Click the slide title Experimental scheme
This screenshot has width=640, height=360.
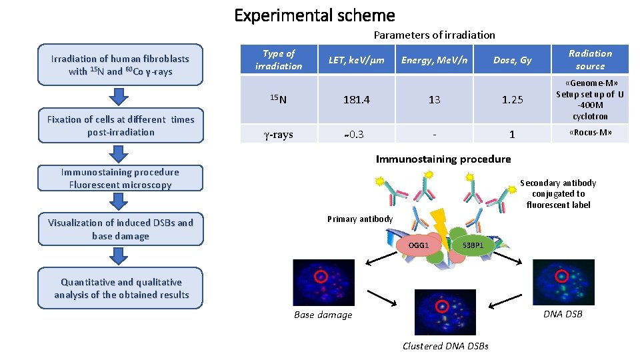pyautogui.click(x=315, y=15)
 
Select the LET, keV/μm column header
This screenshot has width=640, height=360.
pyautogui.click(x=357, y=60)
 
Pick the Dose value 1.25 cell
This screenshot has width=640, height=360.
pyautogui.click(x=512, y=99)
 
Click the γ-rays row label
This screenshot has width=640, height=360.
pyautogui.click(x=279, y=134)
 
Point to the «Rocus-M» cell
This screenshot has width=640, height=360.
pyautogui.click(x=590, y=133)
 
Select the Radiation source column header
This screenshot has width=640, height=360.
pyautogui.click(x=590, y=60)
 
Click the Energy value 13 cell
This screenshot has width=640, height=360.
pyautogui.click(x=434, y=99)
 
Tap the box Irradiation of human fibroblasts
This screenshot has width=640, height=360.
pyautogui.click(x=120, y=65)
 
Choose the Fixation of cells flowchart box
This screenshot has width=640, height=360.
pyautogui.click(x=120, y=125)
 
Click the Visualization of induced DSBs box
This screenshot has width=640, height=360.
pyautogui.click(x=120, y=229)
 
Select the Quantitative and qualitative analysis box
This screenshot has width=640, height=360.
pyautogui.click(x=120, y=288)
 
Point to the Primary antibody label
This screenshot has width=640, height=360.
pyautogui.click(x=360, y=219)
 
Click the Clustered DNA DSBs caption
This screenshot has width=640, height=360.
pyautogui.click(x=445, y=345)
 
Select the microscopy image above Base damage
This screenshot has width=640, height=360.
pyautogui.click(x=315, y=281)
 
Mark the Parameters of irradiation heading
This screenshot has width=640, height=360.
pyautogui.click(x=434, y=35)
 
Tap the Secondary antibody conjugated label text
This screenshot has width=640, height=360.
pyautogui.click(x=558, y=193)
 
